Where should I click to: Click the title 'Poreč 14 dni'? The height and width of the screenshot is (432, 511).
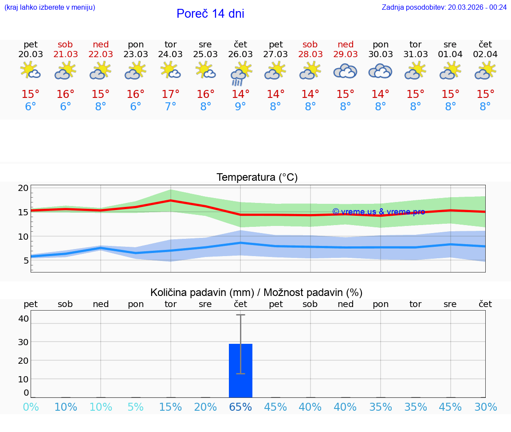(x=210, y=14)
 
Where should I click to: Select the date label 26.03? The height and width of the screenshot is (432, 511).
(x=240, y=54)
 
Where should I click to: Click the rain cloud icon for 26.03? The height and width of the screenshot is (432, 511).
(x=240, y=74)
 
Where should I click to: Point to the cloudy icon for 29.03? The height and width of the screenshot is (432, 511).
(x=345, y=71)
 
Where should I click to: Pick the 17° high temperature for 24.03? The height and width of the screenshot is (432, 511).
(x=170, y=94)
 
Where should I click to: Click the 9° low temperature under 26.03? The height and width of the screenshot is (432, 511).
(x=240, y=107)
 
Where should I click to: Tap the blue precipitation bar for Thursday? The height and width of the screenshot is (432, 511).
(x=240, y=370)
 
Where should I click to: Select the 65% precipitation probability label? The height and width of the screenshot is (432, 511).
(x=240, y=407)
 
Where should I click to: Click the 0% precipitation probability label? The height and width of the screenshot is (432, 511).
(x=31, y=407)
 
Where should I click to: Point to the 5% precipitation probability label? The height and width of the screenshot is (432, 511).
(x=136, y=407)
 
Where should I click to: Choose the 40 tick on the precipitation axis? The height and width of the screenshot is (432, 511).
(x=23, y=319)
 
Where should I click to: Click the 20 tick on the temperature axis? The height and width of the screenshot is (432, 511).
(x=23, y=188)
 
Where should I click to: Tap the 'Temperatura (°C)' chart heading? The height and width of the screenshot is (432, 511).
(x=257, y=178)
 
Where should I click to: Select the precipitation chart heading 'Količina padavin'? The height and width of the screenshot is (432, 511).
(x=256, y=292)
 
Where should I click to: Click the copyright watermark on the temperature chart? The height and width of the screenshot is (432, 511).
(x=378, y=212)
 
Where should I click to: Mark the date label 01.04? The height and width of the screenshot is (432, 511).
(x=450, y=54)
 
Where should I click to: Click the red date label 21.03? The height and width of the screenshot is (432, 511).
(x=66, y=54)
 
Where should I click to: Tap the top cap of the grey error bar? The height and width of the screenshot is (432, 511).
(x=240, y=315)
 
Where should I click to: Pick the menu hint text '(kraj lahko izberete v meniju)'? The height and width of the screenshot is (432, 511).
(x=50, y=7)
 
